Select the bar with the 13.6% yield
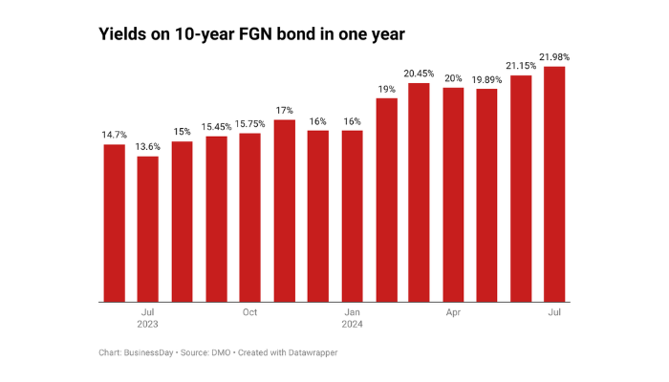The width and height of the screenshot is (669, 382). [148, 228]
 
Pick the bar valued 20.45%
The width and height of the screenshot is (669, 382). [419, 192]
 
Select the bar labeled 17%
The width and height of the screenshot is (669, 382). [284, 210]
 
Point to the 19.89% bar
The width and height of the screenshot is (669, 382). [486, 195]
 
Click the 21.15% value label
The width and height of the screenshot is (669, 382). [520, 65]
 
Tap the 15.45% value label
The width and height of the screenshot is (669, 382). [216, 127]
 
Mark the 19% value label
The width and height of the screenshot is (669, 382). [385, 89]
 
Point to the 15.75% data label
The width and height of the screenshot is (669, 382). [249, 123]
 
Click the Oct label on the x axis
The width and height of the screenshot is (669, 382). [249, 312]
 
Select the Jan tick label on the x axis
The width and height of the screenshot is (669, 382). [352, 312]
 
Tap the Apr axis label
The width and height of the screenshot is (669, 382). [453, 312]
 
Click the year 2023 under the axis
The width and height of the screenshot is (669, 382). [147, 325]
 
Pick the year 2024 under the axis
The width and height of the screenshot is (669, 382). [352, 325]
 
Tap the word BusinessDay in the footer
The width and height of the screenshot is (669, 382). [151, 352]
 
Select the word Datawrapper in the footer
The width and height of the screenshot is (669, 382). [312, 352]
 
